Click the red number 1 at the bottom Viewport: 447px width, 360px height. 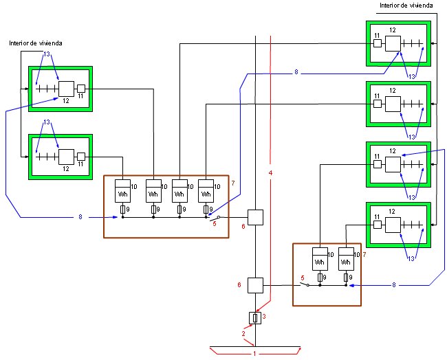[254, 353]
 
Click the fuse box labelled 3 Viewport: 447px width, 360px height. [255, 318]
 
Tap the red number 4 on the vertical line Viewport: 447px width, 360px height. [270, 173]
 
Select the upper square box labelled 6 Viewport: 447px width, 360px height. [255, 217]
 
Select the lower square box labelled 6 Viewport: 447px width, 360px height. [255, 285]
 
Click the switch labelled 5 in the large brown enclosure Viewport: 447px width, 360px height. [215, 218]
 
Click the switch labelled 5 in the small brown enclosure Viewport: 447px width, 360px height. [305, 284]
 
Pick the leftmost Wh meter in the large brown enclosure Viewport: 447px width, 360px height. [122, 191]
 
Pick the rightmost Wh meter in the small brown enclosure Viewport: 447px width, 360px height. [346, 259]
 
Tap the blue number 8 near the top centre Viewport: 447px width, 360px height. [296, 72]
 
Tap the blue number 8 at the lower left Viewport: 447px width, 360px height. [80, 217]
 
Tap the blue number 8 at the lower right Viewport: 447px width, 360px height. [394, 285]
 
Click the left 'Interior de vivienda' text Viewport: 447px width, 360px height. [36, 43]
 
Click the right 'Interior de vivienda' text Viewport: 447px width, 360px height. [406, 5]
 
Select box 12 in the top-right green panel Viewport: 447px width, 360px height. [393, 43]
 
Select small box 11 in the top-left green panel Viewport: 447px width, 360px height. [81, 89]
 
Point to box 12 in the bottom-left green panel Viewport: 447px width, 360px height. [67, 157]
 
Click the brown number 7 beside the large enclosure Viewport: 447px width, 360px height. [233, 183]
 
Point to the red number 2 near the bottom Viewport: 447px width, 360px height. [243, 333]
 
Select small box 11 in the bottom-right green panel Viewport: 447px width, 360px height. [378, 225]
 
